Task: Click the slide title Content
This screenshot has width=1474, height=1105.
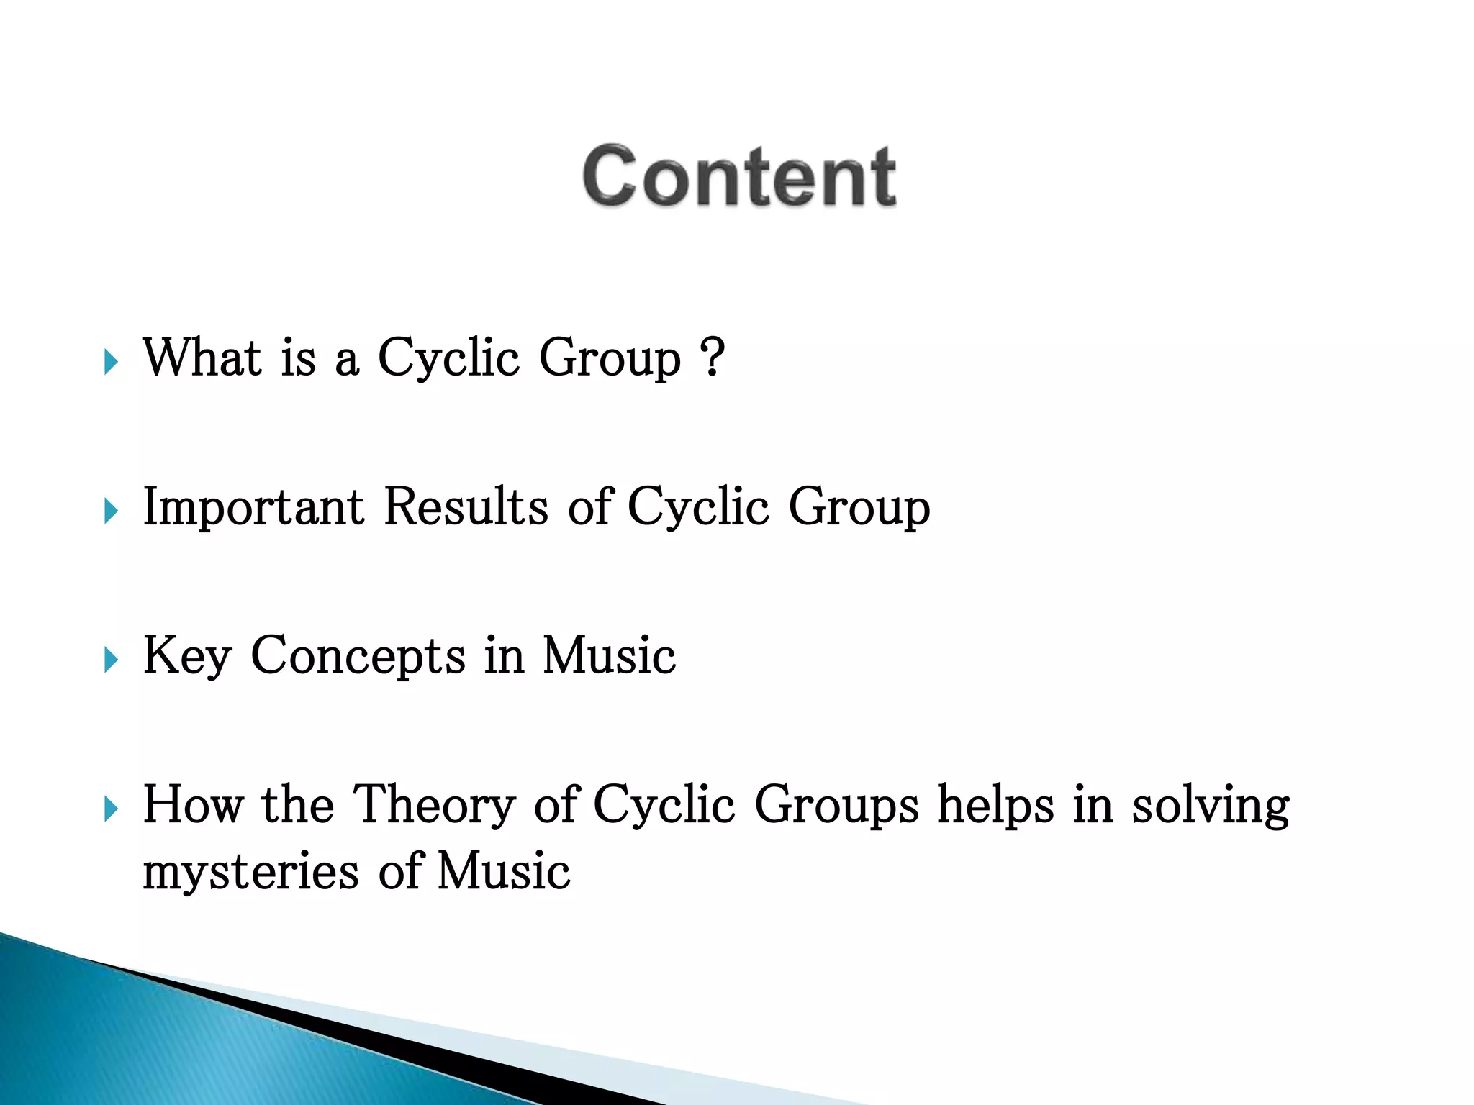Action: (739, 176)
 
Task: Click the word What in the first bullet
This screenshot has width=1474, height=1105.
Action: (202, 358)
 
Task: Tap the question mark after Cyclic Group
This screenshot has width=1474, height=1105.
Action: (712, 358)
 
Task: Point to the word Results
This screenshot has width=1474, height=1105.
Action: (466, 507)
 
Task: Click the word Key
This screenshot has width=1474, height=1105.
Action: (187, 656)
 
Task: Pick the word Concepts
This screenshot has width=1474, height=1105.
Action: (358, 656)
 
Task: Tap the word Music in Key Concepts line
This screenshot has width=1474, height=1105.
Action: (609, 656)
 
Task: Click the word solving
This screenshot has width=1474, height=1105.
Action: (1211, 806)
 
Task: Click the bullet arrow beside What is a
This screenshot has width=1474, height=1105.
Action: (110, 362)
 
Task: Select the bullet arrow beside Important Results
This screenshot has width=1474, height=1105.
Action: (110, 511)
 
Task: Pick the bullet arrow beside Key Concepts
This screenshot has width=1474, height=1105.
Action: (110, 660)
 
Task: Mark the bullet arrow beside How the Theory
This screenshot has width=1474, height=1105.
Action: (110, 809)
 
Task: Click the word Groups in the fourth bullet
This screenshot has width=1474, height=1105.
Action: (836, 806)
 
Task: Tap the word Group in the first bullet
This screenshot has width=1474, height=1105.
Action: (609, 359)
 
